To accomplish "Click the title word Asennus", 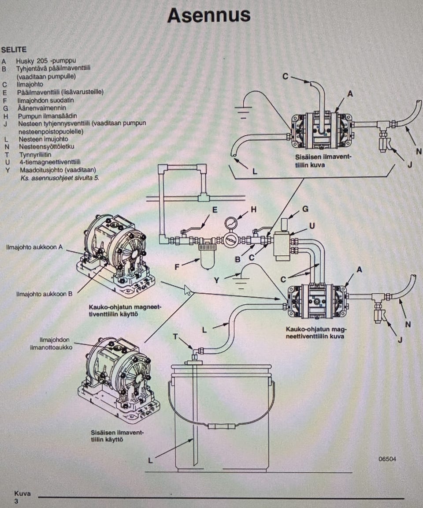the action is click(209, 15).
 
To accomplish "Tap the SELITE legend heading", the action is click(14, 49).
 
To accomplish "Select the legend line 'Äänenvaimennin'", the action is click(42, 108).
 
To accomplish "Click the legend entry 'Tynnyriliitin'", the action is click(35, 154).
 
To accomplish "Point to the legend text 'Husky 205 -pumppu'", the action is click(46, 60).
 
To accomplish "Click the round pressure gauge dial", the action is click(231, 223).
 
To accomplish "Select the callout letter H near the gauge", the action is click(254, 209).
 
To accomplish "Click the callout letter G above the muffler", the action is click(305, 209).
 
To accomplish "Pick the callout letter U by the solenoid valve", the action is click(312, 226).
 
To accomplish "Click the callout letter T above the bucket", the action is click(175, 336).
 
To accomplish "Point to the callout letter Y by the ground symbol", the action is click(216, 280).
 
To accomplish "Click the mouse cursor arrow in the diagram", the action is click(188, 290).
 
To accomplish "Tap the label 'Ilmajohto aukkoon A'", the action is click(34, 247).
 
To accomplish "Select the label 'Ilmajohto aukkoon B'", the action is click(45, 294).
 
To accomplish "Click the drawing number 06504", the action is click(387, 459).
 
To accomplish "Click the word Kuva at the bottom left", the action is click(22, 493).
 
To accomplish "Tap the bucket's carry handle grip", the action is click(221, 426).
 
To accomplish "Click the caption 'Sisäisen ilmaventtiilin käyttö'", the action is click(117, 436).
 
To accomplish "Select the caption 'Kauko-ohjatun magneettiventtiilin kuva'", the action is click(315, 333).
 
